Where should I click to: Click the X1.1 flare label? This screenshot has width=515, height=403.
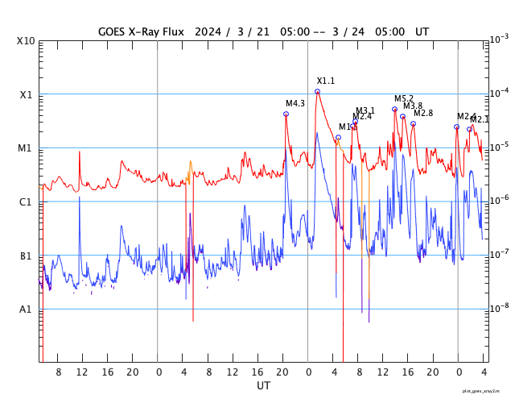click(x=325, y=81)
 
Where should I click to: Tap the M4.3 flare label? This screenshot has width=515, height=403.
click(x=295, y=103)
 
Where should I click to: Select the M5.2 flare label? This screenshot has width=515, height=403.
click(x=404, y=98)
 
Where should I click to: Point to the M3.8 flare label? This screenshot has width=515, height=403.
click(x=413, y=106)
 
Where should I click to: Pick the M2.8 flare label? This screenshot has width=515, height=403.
click(x=423, y=113)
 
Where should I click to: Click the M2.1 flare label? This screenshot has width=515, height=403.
click(x=480, y=119)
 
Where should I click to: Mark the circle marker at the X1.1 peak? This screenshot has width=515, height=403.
click(x=317, y=92)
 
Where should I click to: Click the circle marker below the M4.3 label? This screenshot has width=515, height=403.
click(x=286, y=114)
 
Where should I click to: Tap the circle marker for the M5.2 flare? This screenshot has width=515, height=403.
click(x=394, y=109)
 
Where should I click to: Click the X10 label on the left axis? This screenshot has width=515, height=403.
click(x=25, y=41)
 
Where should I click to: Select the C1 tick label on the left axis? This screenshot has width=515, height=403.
click(x=25, y=202)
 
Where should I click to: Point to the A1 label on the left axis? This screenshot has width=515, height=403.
click(x=25, y=310)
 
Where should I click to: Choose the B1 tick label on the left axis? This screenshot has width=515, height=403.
click(x=25, y=256)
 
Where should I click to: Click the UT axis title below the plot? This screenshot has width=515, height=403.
click(x=264, y=386)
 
